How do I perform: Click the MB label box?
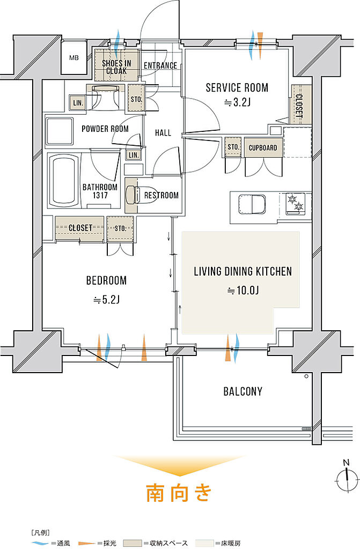click(74, 58)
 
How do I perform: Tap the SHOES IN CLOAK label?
click(116, 67)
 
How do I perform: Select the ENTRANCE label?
click(160, 65)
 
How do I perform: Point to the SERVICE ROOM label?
click(237, 87)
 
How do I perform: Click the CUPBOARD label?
click(263, 148)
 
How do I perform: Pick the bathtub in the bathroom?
click(63, 180)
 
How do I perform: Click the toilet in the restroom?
click(132, 195)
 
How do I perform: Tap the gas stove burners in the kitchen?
click(295, 203)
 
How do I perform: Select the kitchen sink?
click(252, 204)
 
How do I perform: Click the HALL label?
click(163, 133)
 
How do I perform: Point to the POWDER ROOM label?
click(105, 129)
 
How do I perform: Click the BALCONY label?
click(243, 391)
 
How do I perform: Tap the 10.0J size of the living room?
click(243, 290)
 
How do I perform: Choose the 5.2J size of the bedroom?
click(107, 300)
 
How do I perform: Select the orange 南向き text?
click(179, 493)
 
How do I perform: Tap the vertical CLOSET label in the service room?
click(299, 105)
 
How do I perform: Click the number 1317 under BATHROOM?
click(100, 196)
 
